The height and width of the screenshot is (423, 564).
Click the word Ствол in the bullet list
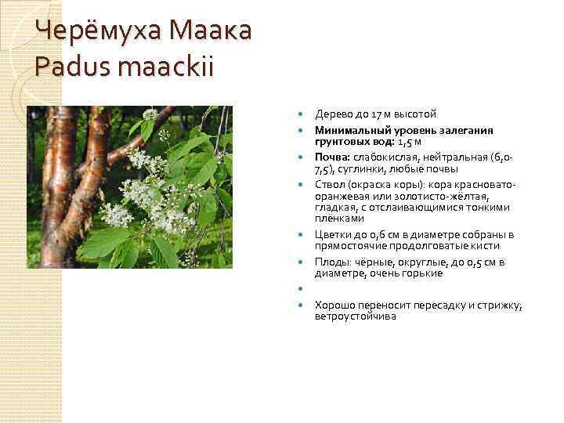pos(330,185)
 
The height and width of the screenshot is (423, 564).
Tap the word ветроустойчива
pos(355,316)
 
